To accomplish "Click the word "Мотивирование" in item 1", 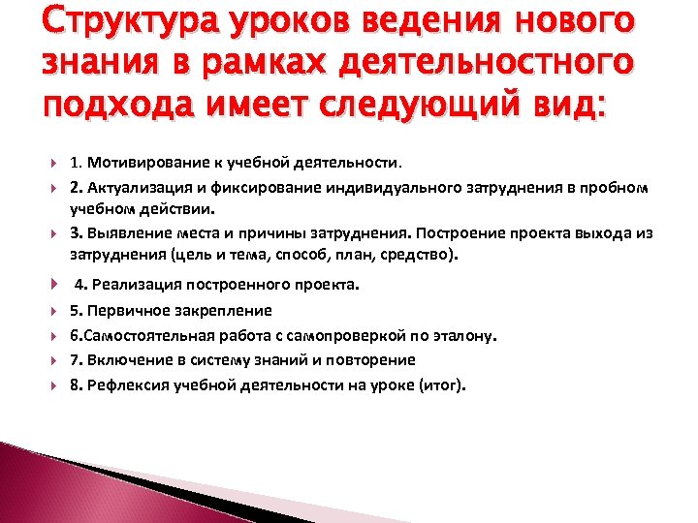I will click(x=142, y=163).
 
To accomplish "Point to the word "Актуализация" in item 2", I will click(x=132, y=186).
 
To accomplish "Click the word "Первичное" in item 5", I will click(x=121, y=311).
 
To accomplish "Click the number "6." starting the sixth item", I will click(x=76, y=335).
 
